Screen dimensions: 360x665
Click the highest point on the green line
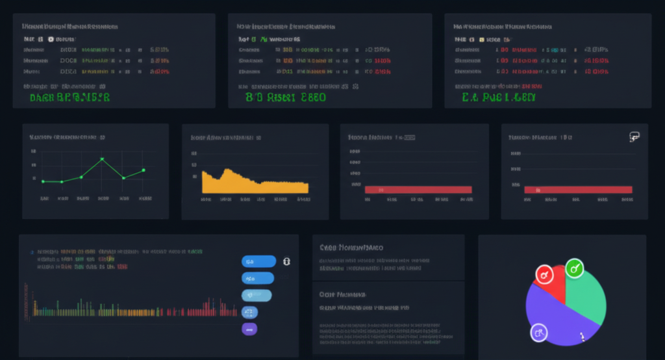[x=102, y=159]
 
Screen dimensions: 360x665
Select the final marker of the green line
[x=144, y=170]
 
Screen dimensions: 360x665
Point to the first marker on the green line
[x=43, y=181]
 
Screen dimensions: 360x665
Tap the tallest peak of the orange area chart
[x=226, y=170]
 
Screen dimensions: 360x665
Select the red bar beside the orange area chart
[x=418, y=190]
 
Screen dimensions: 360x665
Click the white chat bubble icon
[x=634, y=136]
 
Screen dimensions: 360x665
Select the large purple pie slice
[x=558, y=318]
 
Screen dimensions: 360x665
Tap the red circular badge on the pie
[x=544, y=274]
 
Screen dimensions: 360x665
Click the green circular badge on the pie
[x=574, y=267]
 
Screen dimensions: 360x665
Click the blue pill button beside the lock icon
[x=258, y=261]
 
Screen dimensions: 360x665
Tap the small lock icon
[x=286, y=261]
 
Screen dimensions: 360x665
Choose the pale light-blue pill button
[x=256, y=295]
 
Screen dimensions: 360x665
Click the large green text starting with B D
[x=286, y=97]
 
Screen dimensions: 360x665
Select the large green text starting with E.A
[x=498, y=98]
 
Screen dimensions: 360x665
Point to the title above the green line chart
[x=68, y=138]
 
